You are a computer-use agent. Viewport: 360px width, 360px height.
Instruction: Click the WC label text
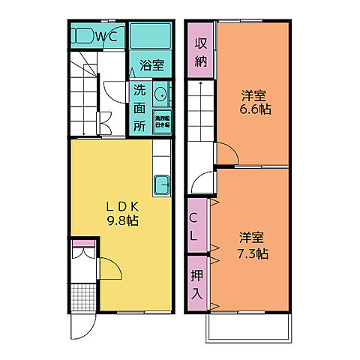click(103, 35)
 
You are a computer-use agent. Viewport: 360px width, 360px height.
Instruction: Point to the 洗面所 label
click(140, 107)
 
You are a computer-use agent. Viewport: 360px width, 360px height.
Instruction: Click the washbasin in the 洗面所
click(160, 95)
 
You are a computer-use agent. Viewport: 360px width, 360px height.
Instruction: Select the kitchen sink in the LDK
click(162, 183)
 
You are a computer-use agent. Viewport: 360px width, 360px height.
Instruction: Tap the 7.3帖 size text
click(253, 253)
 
